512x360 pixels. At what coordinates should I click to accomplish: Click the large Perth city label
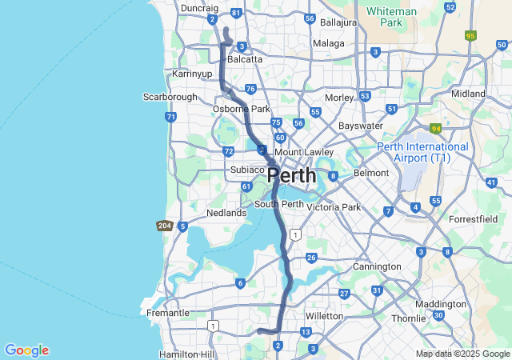(291, 174)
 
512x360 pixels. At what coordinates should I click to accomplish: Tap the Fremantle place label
(168, 313)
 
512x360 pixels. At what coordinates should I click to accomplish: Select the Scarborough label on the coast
(170, 97)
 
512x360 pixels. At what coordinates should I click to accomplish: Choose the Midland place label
(468, 94)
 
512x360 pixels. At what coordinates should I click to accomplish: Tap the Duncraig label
(200, 7)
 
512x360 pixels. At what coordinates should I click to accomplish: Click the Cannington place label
(377, 266)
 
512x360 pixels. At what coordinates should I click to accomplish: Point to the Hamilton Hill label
(186, 354)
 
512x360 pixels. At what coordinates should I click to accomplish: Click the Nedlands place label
(226, 213)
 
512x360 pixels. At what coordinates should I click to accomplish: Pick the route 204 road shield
(164, 226)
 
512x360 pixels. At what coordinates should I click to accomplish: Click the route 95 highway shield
(470, 36)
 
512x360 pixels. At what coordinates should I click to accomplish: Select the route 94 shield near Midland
(435, 128)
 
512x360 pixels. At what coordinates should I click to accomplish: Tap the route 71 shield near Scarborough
(171, 117)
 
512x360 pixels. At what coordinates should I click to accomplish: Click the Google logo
(26, 350)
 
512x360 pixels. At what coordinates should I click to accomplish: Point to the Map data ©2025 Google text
(462, 354)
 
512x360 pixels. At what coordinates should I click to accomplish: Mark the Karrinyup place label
(193, 74)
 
